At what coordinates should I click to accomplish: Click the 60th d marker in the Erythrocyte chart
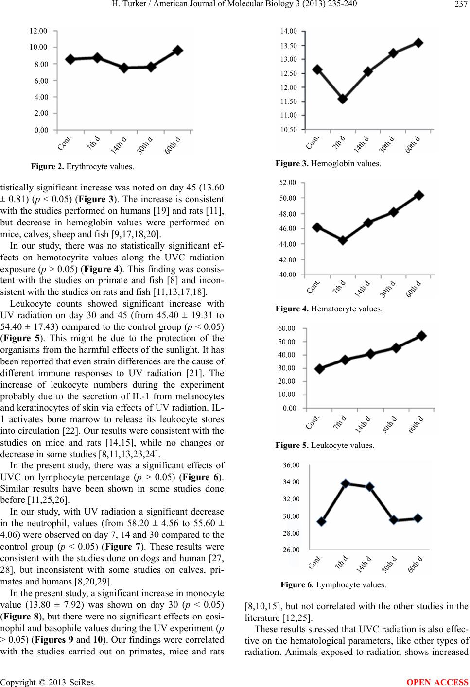coord(178,51)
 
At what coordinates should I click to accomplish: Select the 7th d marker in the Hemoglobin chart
coord(343,99)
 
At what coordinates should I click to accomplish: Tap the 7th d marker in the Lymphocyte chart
coord(346,483)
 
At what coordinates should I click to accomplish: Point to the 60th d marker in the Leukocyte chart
coord(422,336)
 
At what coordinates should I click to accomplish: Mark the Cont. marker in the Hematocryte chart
coord(317,227)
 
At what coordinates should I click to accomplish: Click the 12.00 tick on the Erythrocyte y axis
coord(38,31)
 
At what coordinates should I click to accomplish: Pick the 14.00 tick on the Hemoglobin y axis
coord(289,31)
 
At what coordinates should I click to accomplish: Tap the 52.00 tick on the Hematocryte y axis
coord(287,183)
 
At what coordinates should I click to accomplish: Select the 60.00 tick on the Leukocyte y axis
coord(287,328)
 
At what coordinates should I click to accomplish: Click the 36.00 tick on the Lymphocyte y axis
coord(291,465)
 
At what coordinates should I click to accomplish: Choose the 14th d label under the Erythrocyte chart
coord(119,145)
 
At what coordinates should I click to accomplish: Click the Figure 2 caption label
coord(48,167)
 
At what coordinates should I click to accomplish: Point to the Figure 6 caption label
coord(297,584)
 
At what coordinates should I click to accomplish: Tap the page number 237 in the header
coord(460,4)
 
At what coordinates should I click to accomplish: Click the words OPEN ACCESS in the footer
coord(437,682)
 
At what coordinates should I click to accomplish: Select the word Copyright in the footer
coord(18,683)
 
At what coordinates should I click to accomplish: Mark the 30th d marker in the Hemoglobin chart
coord(393,53)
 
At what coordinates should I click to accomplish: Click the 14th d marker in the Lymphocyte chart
coord(370,487)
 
